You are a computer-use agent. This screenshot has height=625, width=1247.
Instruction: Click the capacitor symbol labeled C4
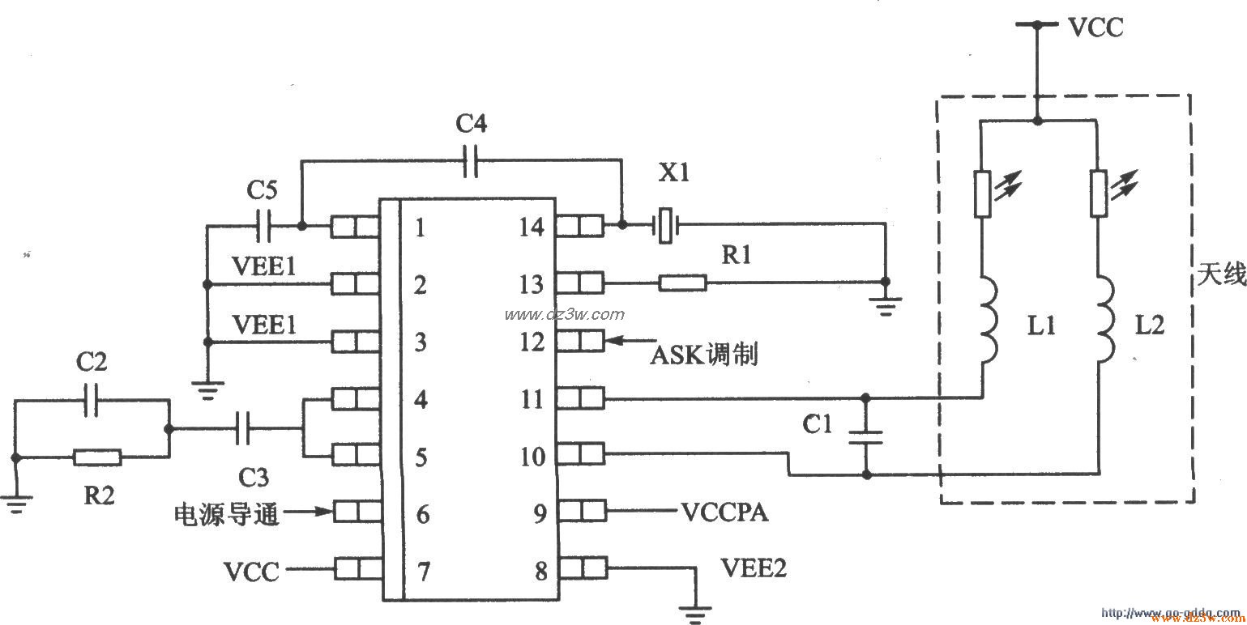coord(470,161)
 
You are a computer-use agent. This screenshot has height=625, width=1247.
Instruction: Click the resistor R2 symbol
coord(97,457)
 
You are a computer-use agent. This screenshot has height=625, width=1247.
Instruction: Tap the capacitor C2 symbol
coord(91,400)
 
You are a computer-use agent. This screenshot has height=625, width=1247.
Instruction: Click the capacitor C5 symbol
coord(263,226)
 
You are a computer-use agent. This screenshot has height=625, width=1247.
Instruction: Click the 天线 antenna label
coord(1219,276)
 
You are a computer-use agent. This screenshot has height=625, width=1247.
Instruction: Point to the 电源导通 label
coord(227,514)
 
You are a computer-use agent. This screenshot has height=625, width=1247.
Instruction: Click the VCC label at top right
coord(1095,28)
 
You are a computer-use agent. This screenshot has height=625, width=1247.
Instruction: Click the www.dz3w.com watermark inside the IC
coord(564,314)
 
